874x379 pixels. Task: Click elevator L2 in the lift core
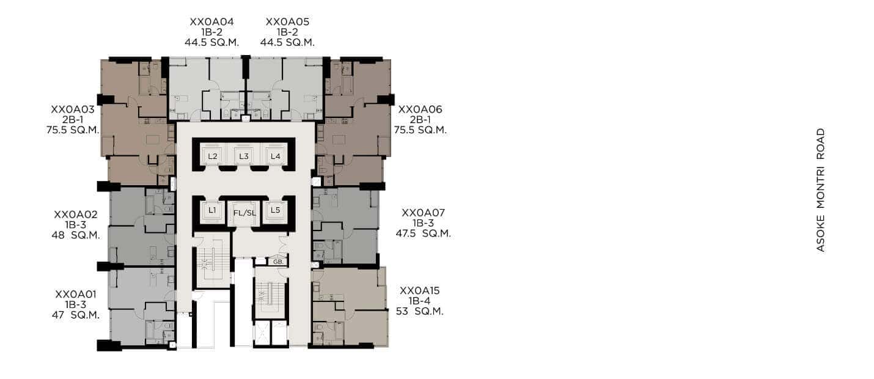pos(212,156)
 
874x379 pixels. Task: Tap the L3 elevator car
pos(244,156)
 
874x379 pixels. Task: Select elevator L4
pos(276,156)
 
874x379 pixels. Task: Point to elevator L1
pos(212,211)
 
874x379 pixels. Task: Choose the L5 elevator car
pos(276,211)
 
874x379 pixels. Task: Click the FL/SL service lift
pos(244,213)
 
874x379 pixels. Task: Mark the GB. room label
pos(278,262)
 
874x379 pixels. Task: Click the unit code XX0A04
pos(212,22)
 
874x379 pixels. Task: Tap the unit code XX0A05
pos(287,22)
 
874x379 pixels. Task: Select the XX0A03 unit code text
pos(73,109)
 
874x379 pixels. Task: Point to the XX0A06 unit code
pos(420,109)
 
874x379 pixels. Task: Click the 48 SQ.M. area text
pos(76,235)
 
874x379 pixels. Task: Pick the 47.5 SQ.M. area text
pos(424,234)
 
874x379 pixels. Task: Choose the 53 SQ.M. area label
pos(420,312)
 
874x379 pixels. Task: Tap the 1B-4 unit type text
pos(420,301)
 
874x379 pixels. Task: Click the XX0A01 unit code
pos(76,294)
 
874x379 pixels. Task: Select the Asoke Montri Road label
pos(821,190)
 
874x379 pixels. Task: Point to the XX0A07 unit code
pos(424,213)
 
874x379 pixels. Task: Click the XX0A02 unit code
pos(76,215)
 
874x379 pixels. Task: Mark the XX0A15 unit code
pos(420,291)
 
